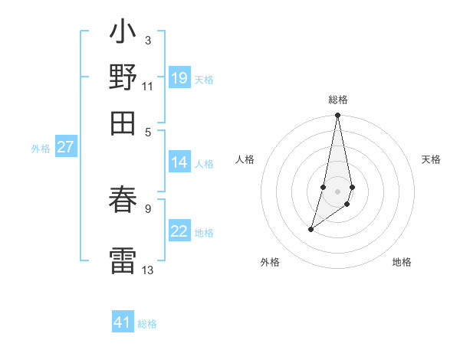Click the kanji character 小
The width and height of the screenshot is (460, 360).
click(x=123, y=33)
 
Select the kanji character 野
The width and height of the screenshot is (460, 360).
click(x=123, y=77)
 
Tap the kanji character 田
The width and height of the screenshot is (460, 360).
click(x=123, y=122)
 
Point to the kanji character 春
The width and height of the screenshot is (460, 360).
click(x=123, y=201)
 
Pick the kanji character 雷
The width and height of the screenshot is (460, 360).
click(x=123, y=258)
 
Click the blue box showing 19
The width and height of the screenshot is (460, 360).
click(x=179, y=78)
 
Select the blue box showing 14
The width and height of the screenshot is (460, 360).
click(x=179, y=162)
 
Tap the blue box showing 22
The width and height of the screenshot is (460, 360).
click(x=179, y=231)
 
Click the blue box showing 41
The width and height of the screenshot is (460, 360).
click(x=123, y=322)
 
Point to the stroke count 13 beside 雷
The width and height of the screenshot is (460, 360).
click(x=148, y=270)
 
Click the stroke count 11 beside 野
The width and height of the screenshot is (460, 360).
click(x=148, y=86)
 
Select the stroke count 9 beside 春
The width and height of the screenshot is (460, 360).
click(x=147, y=207)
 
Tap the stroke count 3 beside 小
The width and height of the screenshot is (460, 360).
click(x=147, y=40)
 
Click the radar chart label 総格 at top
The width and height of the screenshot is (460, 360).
click(x=337, y=100)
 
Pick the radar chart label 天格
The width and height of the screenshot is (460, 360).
click(x=432, y=159)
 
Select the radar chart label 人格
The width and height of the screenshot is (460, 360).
click(x=245, y=159)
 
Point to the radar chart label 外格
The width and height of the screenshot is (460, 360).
click(x=269, y=262)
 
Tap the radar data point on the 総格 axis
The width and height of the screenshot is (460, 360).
click(x=337, y=116)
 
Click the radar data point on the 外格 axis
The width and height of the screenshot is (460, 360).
click(x=310, y=229)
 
